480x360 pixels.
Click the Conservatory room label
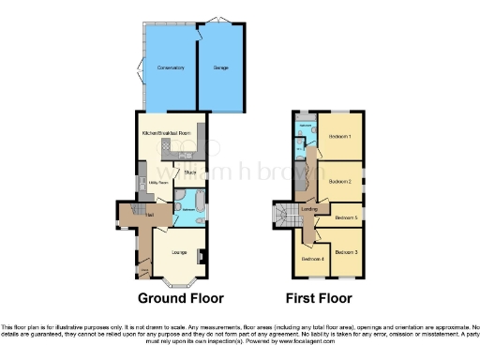[x=170, y=68]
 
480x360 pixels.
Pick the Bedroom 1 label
[x=339, y=136]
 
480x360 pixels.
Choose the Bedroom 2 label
[x=339, y=181]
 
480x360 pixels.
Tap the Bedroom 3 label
[x=346, y=251]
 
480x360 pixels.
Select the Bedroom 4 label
[x=311, y=258]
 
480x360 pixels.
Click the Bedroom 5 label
[x=346, y=217]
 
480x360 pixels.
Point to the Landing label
[x=310, y=208]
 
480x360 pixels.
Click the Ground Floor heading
[x=181, y=300]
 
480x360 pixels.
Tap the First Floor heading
[x=318, y=300]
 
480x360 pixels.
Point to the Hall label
[x=148, y=215]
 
